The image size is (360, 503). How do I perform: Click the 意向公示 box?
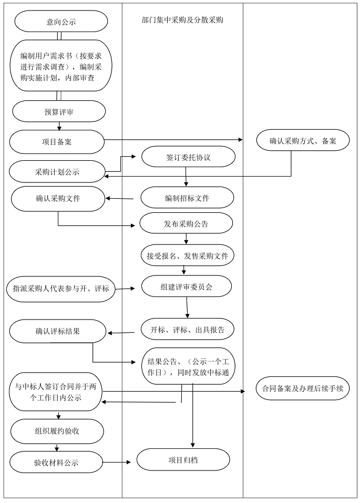61,22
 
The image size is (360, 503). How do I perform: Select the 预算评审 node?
59,111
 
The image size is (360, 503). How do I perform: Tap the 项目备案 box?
57,141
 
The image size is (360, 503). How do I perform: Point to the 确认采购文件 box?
58,199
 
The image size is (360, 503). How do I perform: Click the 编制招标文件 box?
187,198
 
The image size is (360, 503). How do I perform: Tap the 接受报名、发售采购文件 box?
187,256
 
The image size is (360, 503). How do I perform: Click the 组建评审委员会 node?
186,287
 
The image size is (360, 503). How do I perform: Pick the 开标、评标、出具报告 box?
187,330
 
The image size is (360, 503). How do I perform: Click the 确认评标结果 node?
57,331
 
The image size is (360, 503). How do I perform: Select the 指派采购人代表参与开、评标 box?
61,289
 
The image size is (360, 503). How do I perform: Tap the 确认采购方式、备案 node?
303,141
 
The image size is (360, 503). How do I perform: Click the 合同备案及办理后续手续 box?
303,389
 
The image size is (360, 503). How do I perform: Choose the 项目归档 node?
183,460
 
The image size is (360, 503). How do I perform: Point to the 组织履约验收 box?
57,432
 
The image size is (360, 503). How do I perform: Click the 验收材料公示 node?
56,463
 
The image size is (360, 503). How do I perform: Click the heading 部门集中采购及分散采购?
182,20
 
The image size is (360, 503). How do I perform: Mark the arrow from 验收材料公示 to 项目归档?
117,462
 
